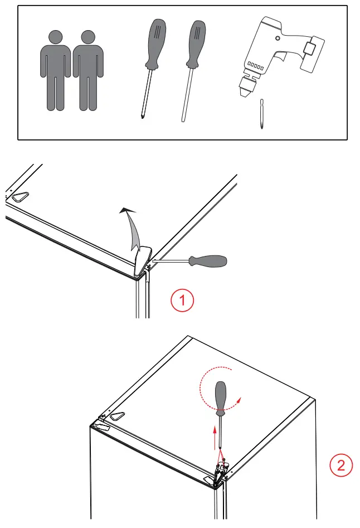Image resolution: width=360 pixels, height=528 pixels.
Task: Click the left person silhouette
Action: [x=56, y=70]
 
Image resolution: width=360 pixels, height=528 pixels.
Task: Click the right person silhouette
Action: [x=88, y=70]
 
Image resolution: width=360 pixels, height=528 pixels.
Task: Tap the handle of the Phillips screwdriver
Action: [x=155, y=44]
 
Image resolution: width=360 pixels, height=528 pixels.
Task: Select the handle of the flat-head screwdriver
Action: [x=196, y=44]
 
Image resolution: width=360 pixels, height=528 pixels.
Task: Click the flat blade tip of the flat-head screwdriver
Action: [x=183, y=119]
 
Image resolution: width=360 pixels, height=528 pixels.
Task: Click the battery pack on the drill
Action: [x=313, y=54]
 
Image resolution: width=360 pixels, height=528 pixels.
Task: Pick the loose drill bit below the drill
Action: [x=262, y=114]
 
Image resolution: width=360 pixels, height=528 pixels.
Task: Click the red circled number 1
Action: [x=182, y=300]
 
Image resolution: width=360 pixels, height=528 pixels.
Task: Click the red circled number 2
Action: [x=341, y=466]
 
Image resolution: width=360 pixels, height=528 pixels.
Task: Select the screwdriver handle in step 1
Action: [x=208, y=261]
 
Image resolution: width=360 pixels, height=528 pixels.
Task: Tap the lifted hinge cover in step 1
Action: [x=143, y=261]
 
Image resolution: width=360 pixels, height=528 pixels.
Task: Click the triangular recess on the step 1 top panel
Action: [x=20, y=196]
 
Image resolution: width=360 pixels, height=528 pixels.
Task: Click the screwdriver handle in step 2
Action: [x=220, y=398]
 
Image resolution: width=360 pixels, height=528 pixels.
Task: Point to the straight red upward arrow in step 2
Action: [x=215, y=438]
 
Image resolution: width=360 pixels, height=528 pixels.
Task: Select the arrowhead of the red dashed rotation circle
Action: [x=239, y=400]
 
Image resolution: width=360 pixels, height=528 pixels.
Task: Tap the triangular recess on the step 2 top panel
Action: [x=118, y=416]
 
